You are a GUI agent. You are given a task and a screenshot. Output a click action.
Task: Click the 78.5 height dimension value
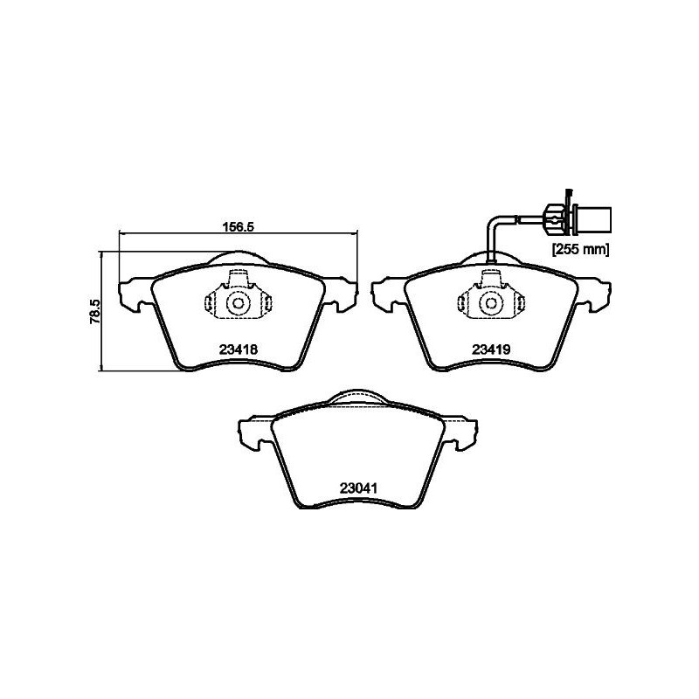(97, 311)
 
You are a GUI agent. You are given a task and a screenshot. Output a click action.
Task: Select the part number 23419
(491, 349)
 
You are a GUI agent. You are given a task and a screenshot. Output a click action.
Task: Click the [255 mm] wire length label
(578, 250)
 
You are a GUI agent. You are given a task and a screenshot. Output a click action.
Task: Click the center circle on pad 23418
(239, 303)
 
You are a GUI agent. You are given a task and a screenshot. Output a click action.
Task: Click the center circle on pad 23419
(492, 303)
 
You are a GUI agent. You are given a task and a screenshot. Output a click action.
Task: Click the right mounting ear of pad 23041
(463, 433)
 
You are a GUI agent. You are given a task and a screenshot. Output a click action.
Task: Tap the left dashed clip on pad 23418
(211, 303)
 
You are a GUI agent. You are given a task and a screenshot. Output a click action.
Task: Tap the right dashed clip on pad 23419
(520, 303)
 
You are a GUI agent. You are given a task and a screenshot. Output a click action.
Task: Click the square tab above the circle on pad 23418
(239, 280)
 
